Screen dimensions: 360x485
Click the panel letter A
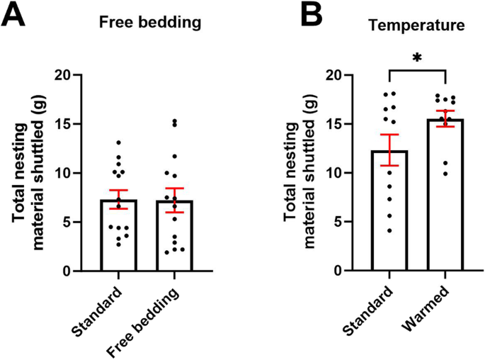click(13, 15)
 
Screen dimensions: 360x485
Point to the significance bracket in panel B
click(417, 70)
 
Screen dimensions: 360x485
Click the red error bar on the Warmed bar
click(445, 118)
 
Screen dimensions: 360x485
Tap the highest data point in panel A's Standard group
click(120, 142)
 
